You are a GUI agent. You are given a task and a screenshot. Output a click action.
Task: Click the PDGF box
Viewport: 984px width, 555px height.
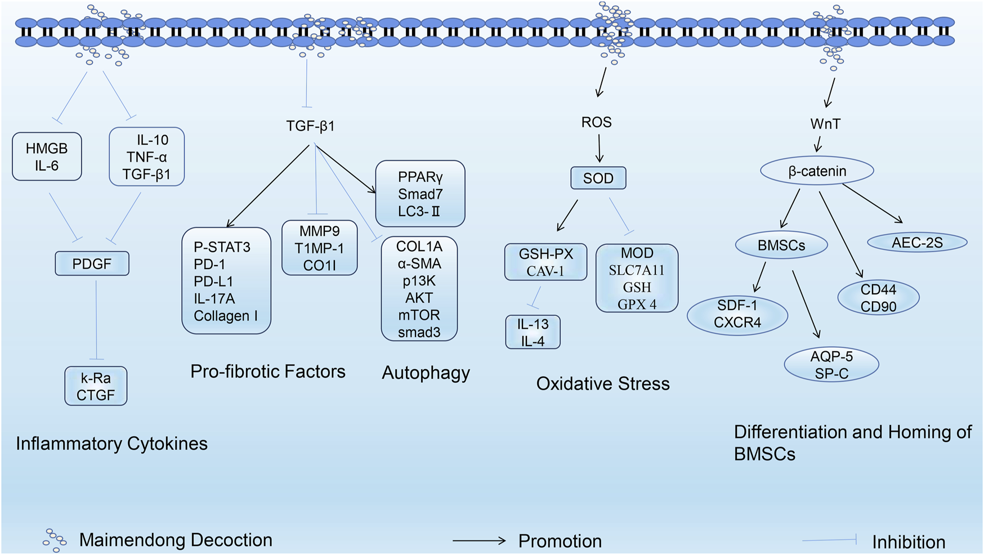coord(92,263)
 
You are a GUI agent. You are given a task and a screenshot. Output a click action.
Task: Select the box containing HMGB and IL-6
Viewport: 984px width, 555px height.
coord(47,156)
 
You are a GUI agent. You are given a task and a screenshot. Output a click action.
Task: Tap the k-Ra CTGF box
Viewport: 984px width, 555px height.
coord(96,386)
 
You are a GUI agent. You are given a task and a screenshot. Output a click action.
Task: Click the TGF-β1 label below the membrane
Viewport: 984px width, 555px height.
coord(310,126)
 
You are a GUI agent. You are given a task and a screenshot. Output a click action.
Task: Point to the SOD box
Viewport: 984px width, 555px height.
coord(598,178)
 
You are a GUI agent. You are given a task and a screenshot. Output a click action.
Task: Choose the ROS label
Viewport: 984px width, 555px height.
coord(596,122)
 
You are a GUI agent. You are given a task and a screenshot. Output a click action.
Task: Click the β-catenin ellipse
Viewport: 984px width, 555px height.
coord(817,171)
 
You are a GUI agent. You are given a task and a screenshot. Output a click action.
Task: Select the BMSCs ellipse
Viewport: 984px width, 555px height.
coord(781,245)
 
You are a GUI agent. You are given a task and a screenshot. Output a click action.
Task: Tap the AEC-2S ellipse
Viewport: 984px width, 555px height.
coord(917,243)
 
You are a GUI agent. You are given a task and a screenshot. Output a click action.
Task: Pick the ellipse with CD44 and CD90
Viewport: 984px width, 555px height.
coord(878,298)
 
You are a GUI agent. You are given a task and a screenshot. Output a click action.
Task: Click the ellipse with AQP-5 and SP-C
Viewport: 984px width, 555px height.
coord(831,365)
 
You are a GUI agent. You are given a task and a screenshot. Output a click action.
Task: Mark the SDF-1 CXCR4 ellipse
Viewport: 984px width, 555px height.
coord(737,314)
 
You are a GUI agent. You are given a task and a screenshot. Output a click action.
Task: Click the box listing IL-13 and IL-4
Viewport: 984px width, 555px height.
coord(533,332)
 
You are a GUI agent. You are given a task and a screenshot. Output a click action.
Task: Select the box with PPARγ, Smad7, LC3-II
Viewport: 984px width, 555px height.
coord(420,194)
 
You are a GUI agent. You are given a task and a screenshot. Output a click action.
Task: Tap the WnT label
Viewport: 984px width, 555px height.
coord(825,124)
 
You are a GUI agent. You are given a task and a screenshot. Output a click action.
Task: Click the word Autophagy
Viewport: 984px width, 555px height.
coord(426,373)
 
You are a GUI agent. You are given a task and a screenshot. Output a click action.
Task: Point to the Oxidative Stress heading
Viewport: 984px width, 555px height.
coord(603,384)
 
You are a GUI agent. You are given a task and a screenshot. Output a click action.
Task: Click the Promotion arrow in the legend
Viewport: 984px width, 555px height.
coord(479,541)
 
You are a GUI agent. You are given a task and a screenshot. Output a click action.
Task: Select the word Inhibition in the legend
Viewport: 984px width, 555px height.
coord(909,542)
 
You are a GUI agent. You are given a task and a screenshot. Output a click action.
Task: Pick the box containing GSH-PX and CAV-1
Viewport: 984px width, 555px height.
coord(545,262)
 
